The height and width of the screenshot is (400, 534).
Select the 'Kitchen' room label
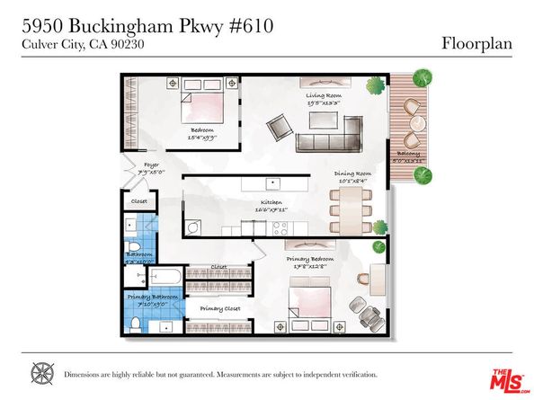point(272,203)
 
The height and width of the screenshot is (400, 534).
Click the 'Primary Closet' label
point(219,308)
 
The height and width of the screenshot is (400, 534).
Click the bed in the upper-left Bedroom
point(202,106)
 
